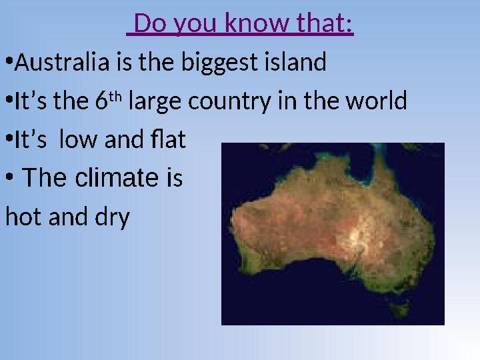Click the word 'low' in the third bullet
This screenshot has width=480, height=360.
pyautogui.click(x=77, y=141)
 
